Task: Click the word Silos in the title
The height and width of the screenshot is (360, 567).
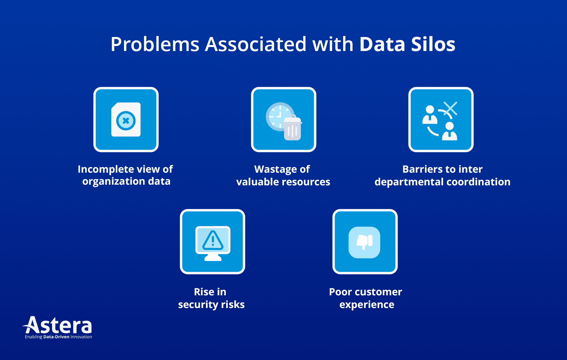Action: (433, 44)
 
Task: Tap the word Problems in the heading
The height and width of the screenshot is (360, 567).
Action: (155, 44)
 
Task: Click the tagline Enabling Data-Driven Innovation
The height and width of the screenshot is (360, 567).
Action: (58, 337)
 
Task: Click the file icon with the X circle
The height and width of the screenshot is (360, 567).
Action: (126, 120)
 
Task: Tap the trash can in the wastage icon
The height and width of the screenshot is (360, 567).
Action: (293, 129)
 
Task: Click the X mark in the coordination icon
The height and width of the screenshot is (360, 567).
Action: (450, 108)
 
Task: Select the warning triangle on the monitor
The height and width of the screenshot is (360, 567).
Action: (213, 240)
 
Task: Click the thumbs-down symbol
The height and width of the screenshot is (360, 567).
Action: (364, 242)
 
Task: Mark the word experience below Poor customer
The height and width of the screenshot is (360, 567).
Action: (367, 305)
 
